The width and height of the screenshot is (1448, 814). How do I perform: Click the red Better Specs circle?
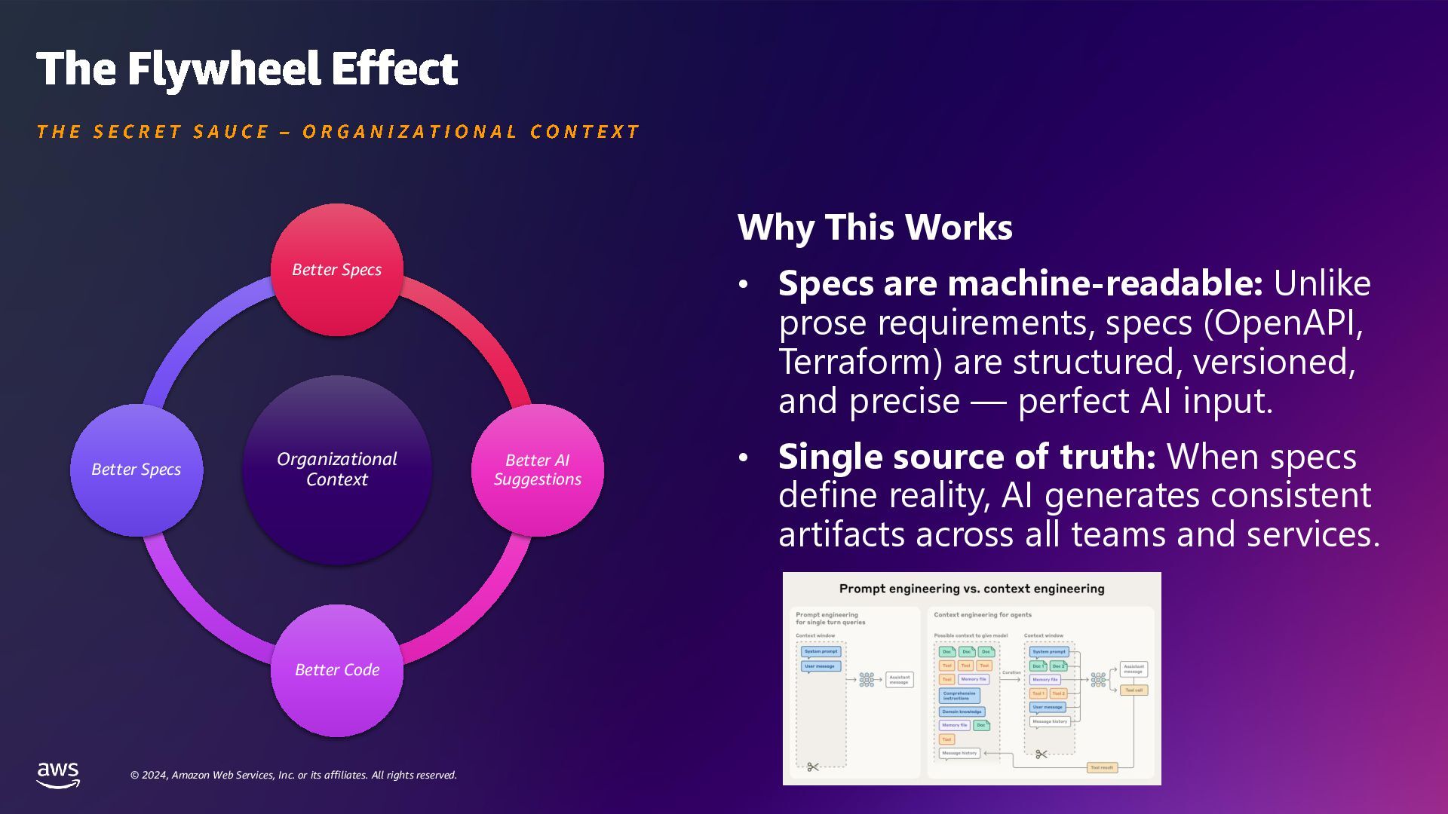[x=336, y=270]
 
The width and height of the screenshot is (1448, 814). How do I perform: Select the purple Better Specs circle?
[x=137, y=470]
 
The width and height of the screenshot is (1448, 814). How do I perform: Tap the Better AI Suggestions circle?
[x=537, y=470]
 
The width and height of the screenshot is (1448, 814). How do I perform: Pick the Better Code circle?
[x=336, y=670]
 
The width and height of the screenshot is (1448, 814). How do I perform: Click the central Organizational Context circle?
[x=336, y=470]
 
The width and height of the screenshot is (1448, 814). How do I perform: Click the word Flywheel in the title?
[x=223, y=69]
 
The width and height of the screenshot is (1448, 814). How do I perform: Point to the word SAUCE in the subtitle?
[x=231, y=132]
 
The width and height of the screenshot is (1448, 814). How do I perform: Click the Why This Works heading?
[x=875, y=227]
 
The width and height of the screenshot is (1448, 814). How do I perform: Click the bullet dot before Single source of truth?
[x=744, y=457]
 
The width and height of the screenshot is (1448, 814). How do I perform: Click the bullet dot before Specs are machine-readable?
[x=744, y=284]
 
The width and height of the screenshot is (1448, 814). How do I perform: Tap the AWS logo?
[x=58, y=774]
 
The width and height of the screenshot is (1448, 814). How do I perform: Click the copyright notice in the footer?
[x=293, y=775]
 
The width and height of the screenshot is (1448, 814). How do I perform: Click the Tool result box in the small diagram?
[x=1102, y=767]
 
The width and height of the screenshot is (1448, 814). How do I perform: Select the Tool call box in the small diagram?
[x=1134, y=690]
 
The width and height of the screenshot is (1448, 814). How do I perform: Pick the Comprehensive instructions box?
[x=959, y=696]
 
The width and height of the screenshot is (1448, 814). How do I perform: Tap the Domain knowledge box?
[x=962, y=711]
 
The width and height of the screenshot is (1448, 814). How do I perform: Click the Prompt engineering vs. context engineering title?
[x=971, y=589]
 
